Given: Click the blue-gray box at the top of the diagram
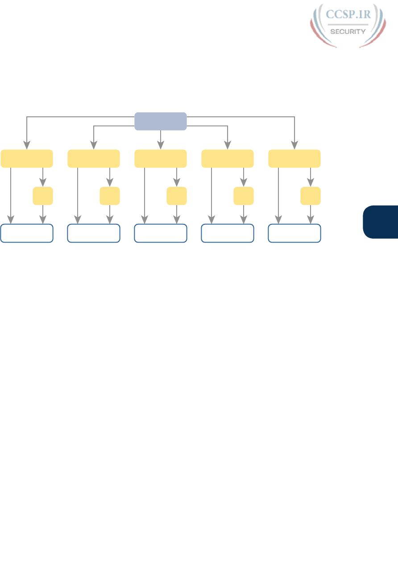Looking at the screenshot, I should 161,121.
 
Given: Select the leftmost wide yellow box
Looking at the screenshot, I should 27,159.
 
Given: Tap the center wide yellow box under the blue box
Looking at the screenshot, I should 161,159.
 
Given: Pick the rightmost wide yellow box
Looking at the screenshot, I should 294,159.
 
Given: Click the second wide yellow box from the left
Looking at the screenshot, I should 94,159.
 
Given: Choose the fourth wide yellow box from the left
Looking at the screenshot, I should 228,159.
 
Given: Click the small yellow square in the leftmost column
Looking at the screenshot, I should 43,196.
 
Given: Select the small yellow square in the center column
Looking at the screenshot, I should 177,196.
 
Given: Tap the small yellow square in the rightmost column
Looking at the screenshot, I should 311,196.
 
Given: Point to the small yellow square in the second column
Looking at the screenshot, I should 110,196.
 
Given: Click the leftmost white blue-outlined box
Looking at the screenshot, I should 27,233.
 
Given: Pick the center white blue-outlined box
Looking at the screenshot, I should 161,233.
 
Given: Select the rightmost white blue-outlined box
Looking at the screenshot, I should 294,233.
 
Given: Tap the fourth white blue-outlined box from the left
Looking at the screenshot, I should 228,233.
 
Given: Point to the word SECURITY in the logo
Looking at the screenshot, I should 348,31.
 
